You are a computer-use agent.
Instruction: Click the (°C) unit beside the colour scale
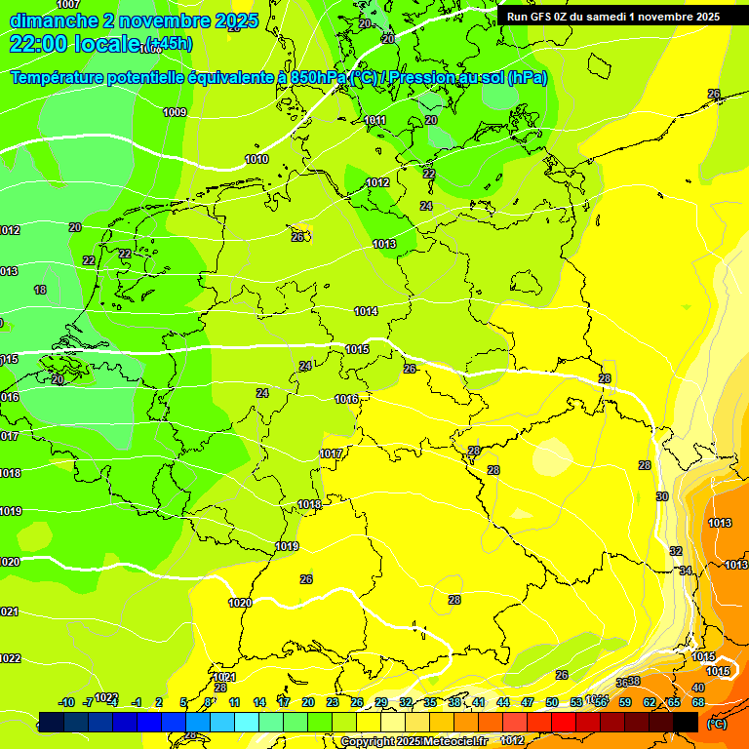716,723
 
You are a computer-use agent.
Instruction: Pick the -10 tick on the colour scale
66,702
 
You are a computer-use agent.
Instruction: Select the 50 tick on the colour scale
552,702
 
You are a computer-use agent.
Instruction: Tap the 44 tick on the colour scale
503,702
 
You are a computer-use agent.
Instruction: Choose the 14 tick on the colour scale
259,702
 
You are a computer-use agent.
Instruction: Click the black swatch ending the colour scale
686,721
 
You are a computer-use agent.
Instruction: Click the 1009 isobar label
175,112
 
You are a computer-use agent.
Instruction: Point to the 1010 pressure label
256,159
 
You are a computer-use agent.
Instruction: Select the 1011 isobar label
375,120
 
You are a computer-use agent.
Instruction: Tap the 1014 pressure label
366,311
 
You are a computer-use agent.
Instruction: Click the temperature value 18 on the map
40,290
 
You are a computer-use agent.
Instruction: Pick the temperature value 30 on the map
662,496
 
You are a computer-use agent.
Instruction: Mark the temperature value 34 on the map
686,571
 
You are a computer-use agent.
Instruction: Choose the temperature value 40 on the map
697,688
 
